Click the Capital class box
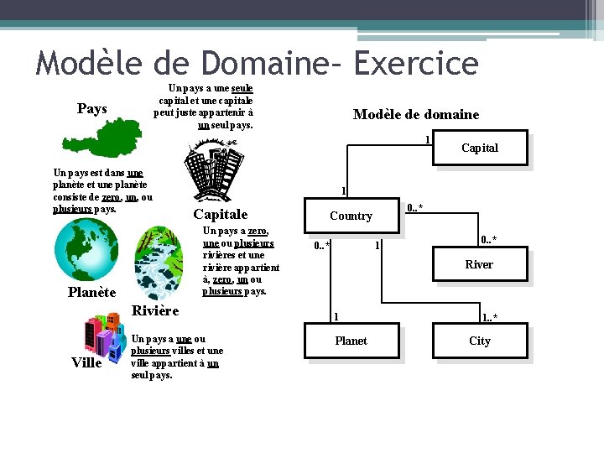(479, 148)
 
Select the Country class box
(351, 216)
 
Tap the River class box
(479, 264)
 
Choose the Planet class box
(351, 341)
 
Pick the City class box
(479, 341)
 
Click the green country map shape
(121, 139)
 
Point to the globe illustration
(86, 250)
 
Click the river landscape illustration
(167, 261)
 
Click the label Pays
(91, 109)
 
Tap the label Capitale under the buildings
(221, 214)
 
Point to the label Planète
(91, 292)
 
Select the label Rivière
(155, 310)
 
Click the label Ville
(87, 363)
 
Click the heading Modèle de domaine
(415, 114)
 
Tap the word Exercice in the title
(416, 62)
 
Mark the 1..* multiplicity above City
(489, 317)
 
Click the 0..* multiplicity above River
(487, 241)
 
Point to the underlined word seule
(242, 88)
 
